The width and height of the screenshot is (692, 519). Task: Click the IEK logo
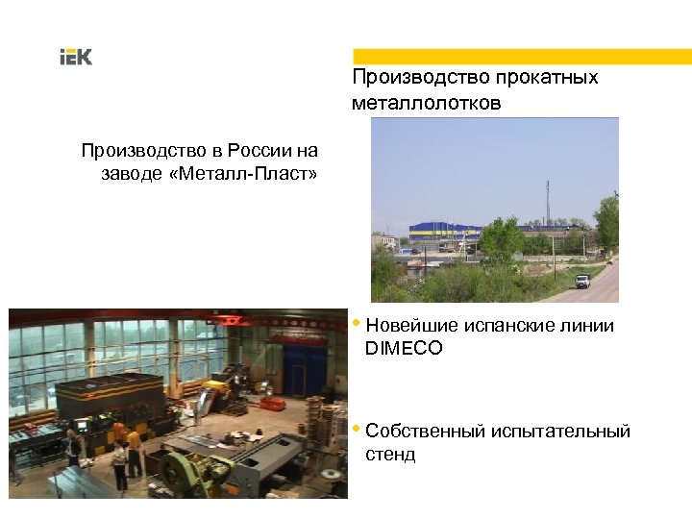click(76, 58)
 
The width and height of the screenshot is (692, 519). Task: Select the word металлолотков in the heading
click(426, 102)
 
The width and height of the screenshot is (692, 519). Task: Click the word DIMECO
click(404, 348)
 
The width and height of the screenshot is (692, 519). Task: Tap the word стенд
click(390, 454)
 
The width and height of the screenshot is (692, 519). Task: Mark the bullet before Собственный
click(358, 428)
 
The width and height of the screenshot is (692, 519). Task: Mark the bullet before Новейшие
click(358, 322)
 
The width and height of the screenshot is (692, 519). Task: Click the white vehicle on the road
click(581, 281)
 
